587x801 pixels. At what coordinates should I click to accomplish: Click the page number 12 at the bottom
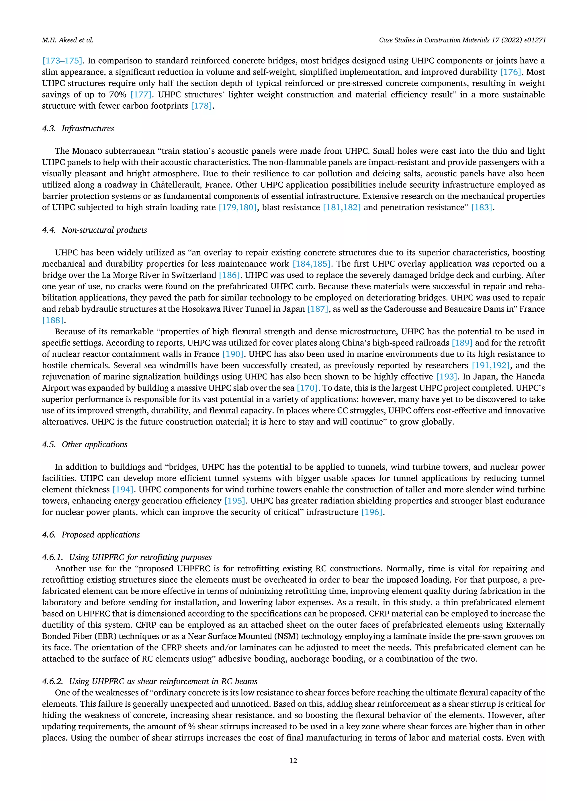293,761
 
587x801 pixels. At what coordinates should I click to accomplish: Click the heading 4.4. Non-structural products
94,230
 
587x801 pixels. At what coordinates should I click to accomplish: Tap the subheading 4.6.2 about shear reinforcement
149,681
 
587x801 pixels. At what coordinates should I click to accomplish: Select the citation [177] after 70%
141,95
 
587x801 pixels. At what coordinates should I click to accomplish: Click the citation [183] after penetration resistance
482,208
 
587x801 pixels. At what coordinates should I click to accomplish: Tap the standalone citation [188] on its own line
52,320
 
